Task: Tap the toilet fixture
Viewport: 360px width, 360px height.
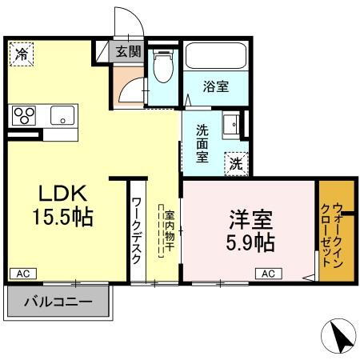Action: pos(163,69)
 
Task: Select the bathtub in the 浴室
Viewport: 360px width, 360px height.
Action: pos(215,58)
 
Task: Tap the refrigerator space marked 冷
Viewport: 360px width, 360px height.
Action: pos(21,55)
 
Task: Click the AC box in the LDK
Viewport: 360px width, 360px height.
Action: pos(23,274)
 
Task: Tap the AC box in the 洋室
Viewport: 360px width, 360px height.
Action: pos(268,274)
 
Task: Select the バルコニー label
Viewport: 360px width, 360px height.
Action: pos(57,302)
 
